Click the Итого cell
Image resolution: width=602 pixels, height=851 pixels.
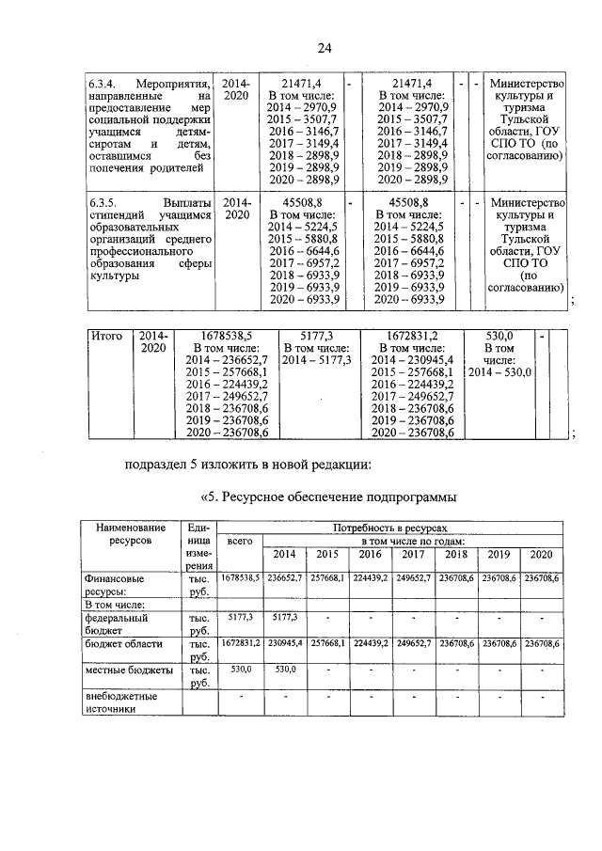click(105, 335)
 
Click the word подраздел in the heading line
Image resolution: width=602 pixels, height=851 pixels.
click(160, 463)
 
